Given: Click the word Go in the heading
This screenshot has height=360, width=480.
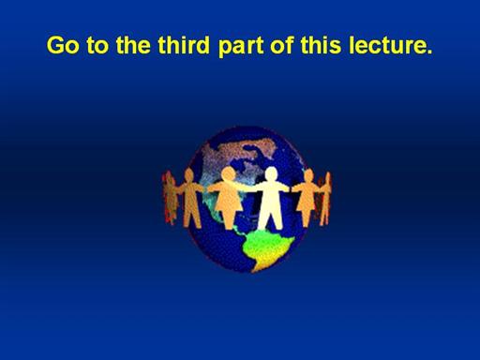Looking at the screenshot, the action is click(x=63, y=45).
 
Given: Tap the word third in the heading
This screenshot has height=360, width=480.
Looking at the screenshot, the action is click(x=184, y=45).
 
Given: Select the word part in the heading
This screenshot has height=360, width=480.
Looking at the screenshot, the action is click(x=241, y=47).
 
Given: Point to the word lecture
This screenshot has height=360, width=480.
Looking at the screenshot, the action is click(x=391, y=45).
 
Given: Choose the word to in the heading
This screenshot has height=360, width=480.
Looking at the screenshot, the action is click(x=97, y=46).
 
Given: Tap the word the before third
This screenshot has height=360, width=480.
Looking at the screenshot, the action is click(x=133, y=45).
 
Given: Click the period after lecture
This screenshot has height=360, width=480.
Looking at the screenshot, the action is click(x=429, y=52).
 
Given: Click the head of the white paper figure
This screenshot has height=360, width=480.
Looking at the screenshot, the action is click(x=271, y=173).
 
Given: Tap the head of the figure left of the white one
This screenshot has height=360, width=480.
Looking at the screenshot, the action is click(x=229, y=173).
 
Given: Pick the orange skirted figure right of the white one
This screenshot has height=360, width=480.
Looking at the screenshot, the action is click(x=307, y=197).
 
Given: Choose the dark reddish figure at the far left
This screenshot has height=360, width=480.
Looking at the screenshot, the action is click(x=170, y=198).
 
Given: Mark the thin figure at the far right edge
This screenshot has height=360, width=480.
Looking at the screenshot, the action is click(x=326, y=199).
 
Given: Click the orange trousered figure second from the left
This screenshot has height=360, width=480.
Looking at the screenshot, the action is click(x=190, y=198).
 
